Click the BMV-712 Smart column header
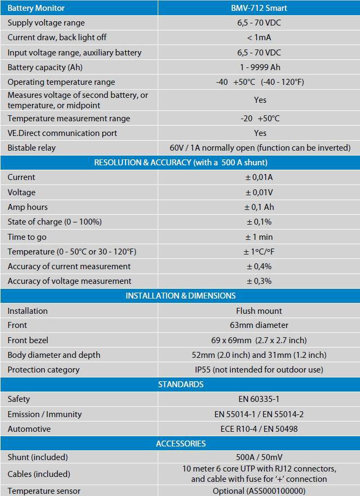tap(259, 8)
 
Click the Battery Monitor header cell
tap(36, 8)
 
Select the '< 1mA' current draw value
tap(259, 38)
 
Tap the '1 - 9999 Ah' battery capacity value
tap(259, 67)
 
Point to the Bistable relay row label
tap(32, 148)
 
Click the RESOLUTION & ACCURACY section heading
tap(181, 163)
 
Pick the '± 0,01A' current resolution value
tap(259, 177)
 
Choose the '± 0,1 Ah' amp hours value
tap(259, 207)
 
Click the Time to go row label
tap(27, 237)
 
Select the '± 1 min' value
tap(259, 237)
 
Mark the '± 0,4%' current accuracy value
tap(259, 266)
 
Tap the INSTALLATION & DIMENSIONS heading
tap(181, 296)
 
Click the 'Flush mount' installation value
tap(259, 311)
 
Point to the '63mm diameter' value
tap(259, 325)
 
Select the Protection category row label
tap(44, 370)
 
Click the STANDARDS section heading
tap(181, 385)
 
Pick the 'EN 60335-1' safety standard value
tap(259, 399)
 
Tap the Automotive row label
tap(29, 429)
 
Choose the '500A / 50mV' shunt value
tap(259, 457)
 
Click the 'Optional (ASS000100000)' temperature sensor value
tap(259, 491)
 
